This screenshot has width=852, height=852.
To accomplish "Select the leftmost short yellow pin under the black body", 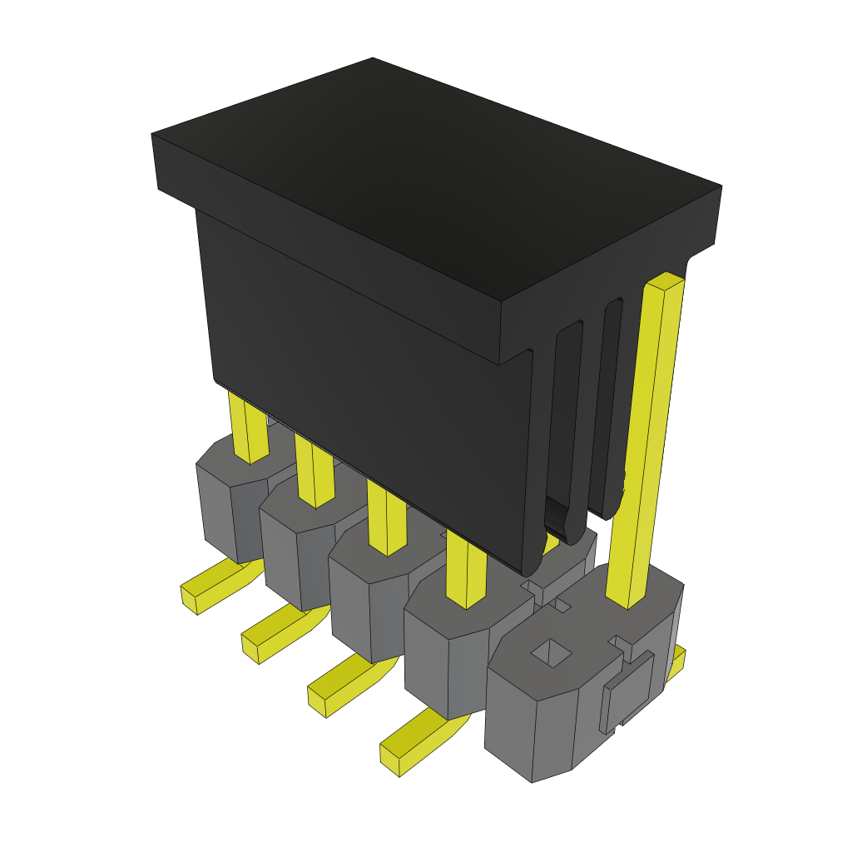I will (248, 428).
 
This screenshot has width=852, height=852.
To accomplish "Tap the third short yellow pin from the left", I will (386, 520).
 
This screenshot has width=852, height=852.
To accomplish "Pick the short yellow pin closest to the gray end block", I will (465, 569).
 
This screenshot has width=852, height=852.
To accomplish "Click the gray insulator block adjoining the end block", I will (441, 657).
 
